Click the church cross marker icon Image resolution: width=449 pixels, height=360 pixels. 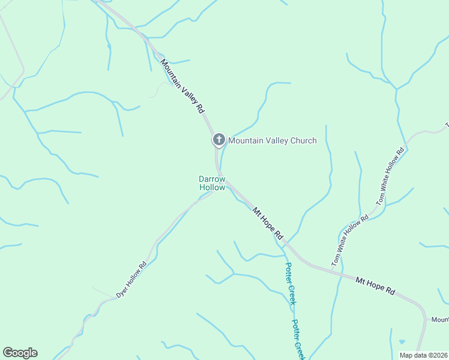click(x=218, y=140)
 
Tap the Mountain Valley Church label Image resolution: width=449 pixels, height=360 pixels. click(x=272, y=141)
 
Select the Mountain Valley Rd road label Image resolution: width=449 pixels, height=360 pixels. click(x=182, y=86)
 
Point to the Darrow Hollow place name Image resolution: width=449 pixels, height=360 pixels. click(x=212, y=183)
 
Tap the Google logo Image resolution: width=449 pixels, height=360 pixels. click(x=20, y=353)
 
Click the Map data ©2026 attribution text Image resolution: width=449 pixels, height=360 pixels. click(x=423, y=355)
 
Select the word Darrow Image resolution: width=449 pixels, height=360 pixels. click(x=212, y=179)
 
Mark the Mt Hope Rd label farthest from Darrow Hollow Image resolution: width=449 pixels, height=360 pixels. click(x=375, y=285)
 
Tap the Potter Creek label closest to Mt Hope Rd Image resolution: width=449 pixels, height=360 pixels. click(x=291, y=284)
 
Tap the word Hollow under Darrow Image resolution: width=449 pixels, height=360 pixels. click(x=212, y=188)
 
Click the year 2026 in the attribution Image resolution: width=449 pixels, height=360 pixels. click(x=439, y=355)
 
